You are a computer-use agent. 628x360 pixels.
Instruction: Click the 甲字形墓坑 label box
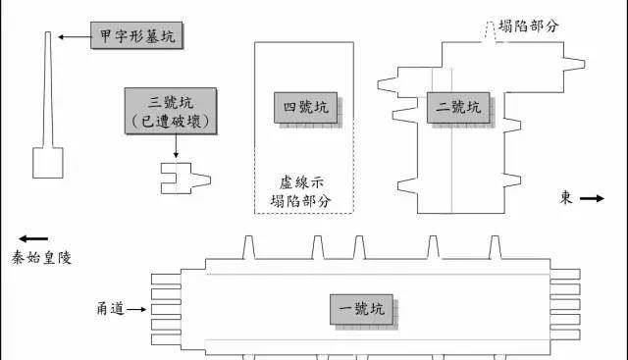pyautogui.click(x=136, y=37)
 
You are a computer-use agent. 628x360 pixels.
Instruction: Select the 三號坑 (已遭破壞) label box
pyautogui.click(x=172, y=110)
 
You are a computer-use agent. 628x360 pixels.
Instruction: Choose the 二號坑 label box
pyautogui.click(x=458, y=106)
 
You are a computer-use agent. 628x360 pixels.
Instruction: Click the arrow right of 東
pyautogui.click(x=592, y=199)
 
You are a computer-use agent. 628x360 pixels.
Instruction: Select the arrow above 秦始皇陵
pyautogui.click(x=32, y=238)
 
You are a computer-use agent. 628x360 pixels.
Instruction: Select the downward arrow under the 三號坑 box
pyautogui.click(x=176, y=146)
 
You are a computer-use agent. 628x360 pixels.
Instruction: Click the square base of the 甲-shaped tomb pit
pyautogui.click(x=46, y=162)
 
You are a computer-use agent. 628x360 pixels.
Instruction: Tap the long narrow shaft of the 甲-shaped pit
pyautogui.click(x=46, y=88)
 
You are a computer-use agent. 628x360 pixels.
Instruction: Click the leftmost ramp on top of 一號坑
pyautogui.click(x=249, y=246)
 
